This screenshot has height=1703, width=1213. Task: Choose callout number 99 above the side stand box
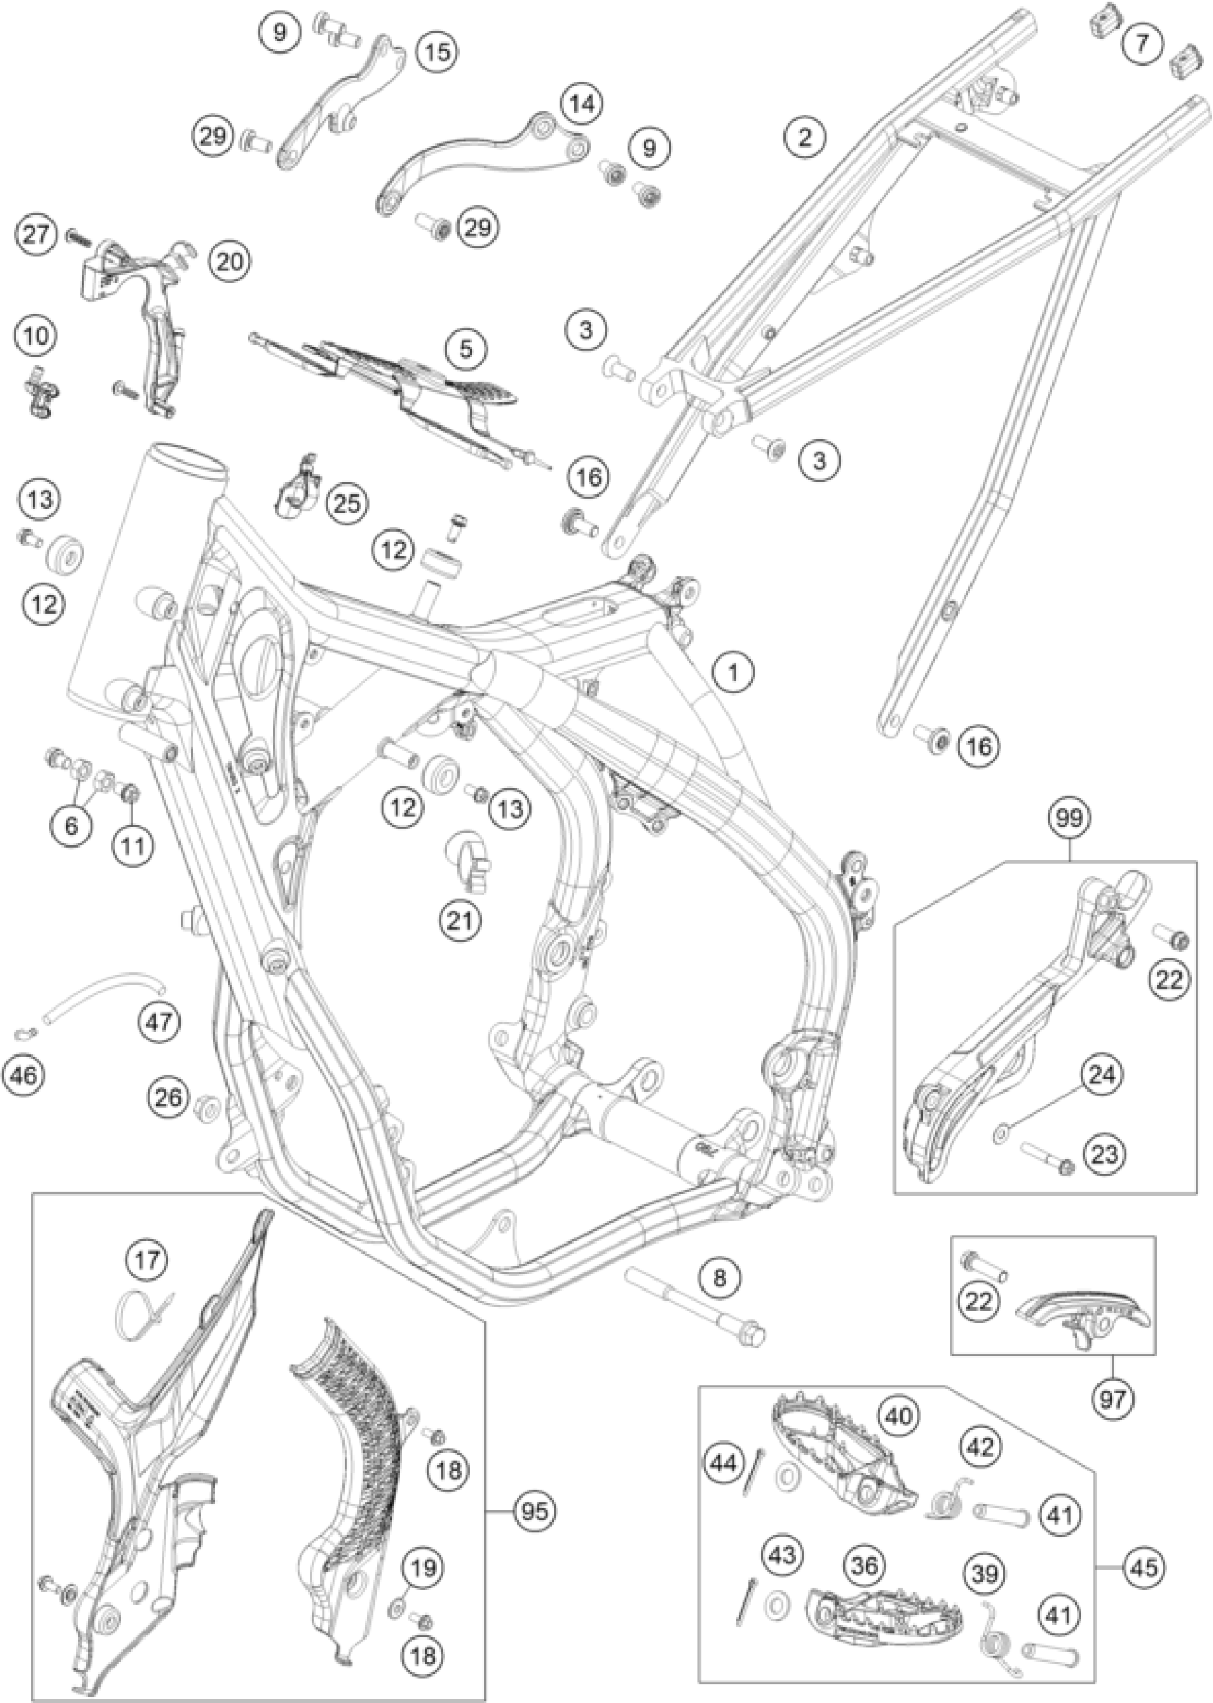(x=1070, y=818)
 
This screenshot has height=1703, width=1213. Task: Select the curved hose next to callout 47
(x=97, y=997)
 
